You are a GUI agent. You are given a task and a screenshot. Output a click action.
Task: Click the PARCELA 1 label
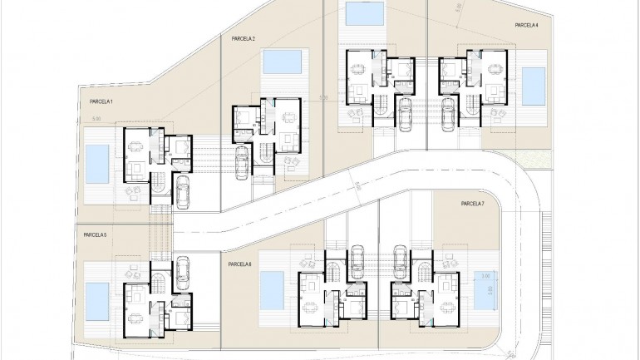tap(101, 101)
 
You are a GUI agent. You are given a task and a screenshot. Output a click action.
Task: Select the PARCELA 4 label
tap(527, 26)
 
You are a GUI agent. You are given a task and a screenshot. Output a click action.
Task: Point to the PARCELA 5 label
tap(96, 235)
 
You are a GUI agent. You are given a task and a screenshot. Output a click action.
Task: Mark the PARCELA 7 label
tap(471, 204)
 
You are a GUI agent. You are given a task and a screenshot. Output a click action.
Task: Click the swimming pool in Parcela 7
tap(485, 286)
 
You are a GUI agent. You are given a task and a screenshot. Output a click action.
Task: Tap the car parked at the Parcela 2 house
tap(241, 161)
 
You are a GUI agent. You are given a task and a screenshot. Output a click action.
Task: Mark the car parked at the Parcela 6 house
tap(359, 259)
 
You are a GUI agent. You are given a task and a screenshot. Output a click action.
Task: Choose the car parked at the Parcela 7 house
tap(400, 259)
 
